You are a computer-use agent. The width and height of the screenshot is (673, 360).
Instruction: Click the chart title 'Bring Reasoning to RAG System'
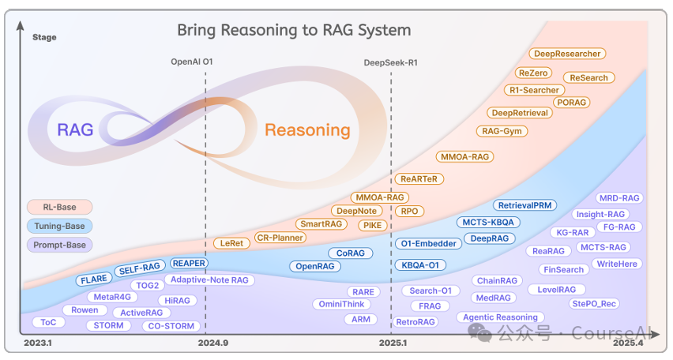[x=293, y=31]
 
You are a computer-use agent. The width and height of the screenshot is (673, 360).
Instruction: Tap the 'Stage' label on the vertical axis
[x=43, y=36]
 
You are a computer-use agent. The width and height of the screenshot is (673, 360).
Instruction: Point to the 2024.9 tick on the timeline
[x=213, y=343]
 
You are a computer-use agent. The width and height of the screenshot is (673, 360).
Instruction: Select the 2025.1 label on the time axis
[x=393, y=343]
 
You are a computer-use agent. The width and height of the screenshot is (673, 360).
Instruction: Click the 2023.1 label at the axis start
[x=38, y=343]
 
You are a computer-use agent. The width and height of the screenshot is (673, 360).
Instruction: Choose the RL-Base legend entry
[x=59, y=208]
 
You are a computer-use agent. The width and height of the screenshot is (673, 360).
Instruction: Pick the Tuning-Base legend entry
[x=59, y=227]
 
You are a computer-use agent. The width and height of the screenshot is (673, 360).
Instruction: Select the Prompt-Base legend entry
[x=59, y=245]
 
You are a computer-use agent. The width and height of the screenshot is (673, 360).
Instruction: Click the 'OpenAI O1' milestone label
[x=192, y=62]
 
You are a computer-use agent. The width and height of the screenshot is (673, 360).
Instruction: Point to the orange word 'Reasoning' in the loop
[x=306, y=130]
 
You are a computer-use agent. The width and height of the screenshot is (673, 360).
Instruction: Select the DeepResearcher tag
[x=567, y=54]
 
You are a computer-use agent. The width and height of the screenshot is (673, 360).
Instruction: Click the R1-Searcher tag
[x=534, y=90]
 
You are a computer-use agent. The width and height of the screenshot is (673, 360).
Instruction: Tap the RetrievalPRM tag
[x=524, y=205]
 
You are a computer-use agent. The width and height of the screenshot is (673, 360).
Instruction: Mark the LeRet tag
[x=231, y=242]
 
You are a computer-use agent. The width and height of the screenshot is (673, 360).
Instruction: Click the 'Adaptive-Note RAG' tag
[x=209, y=279]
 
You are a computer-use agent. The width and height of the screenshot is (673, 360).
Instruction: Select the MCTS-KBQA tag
[x=487, y=222]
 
